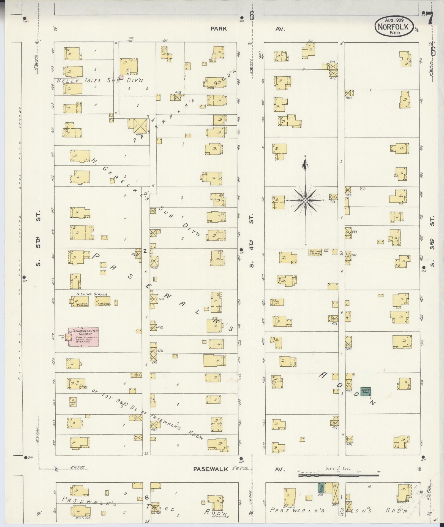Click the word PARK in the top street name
point(219,28)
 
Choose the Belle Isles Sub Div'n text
point(100,81)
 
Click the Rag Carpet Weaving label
point(315,252)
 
